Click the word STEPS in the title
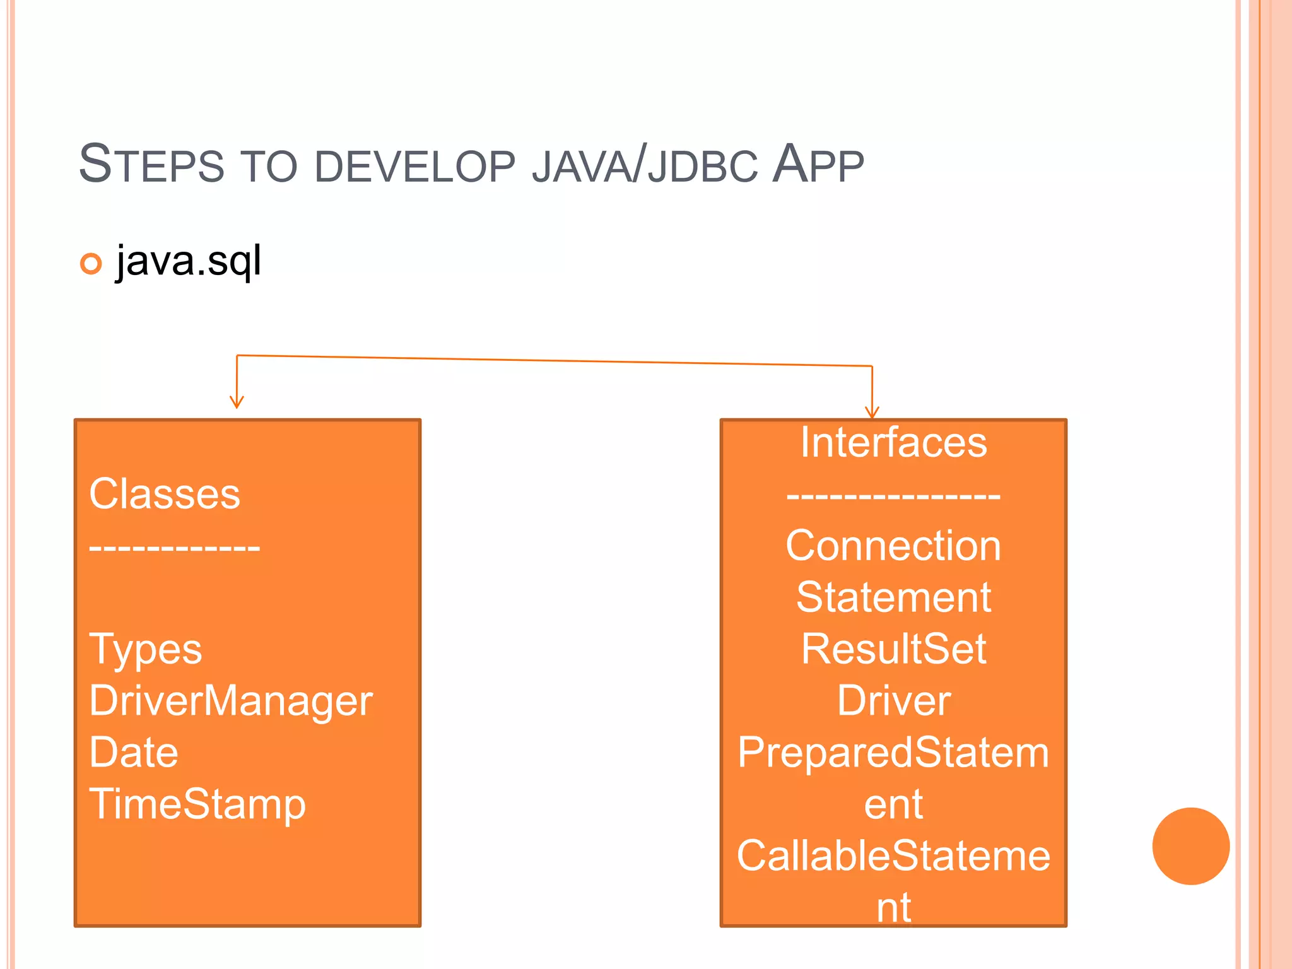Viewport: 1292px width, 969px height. click(x=151, y=165)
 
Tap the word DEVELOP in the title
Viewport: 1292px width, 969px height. click(x=414, y=167)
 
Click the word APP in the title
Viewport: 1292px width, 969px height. click(x=818, y=165)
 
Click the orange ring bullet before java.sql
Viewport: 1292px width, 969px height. click(x=91, y=264)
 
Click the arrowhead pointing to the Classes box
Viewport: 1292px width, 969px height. click(x=237, y=402)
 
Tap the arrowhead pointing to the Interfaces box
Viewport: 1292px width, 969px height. click(x=872, y=413)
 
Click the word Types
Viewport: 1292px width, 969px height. click(x=146, y=649)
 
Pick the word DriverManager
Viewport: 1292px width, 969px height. click(x=231, y=701)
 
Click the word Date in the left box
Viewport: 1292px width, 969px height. click(x=134, y=753)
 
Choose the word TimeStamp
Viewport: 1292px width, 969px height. click(x=197, y=804)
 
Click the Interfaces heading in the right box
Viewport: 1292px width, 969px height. click(x=893, y=442)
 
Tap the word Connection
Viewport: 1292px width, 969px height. click(x=893, y=546)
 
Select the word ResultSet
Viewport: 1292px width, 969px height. click(x=893, y=649)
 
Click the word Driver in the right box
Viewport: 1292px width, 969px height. click(x=893, y=701)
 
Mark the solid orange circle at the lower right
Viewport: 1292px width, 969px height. click(x=1190, y=846)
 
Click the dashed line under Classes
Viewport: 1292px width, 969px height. click(x=175, y=547)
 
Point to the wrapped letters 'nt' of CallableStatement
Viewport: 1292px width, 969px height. click(x=893, y=908)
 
